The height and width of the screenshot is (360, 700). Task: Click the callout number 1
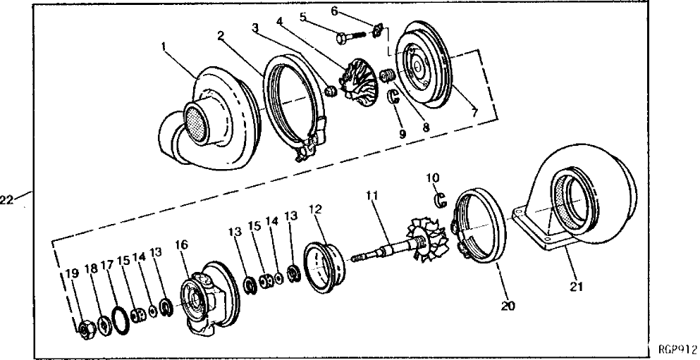coord(164,46)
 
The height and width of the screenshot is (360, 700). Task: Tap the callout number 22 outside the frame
coord(7,200)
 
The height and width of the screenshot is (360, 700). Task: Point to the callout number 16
coord(182,244)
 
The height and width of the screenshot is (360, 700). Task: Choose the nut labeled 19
coord(84,328)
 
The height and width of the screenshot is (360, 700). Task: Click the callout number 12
coord(314,209)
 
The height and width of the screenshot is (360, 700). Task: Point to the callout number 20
coord(507,306)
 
